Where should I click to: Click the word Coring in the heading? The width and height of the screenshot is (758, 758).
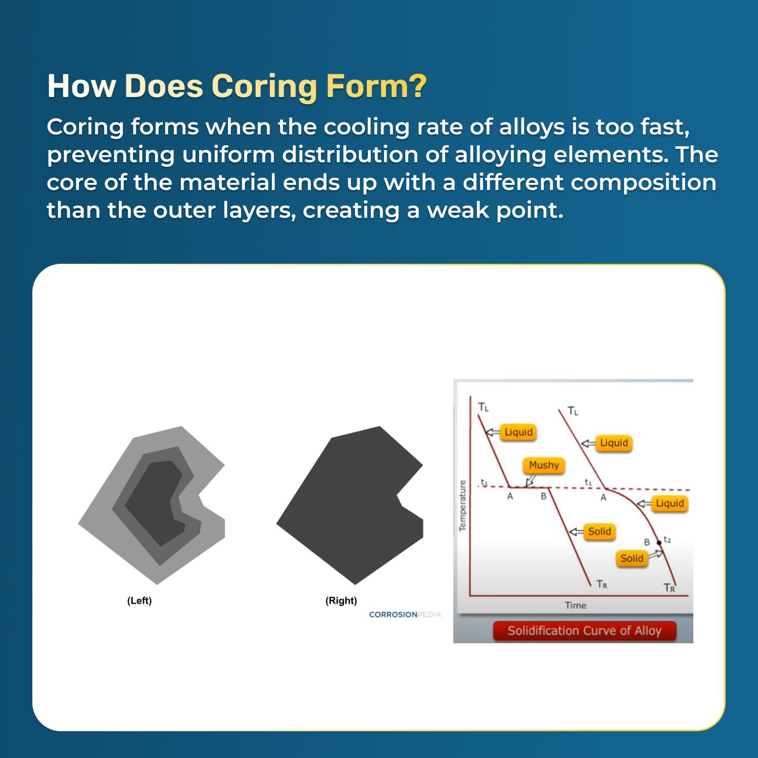265,86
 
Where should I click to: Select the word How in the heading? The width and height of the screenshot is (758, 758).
81,86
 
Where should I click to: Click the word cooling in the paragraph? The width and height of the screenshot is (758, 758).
366,127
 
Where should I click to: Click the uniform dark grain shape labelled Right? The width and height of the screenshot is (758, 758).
349,505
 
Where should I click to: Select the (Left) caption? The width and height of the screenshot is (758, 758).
139,600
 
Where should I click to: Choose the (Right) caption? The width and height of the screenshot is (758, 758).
341,600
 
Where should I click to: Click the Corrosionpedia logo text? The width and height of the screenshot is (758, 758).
405,614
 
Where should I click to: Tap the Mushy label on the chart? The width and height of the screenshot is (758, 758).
544,465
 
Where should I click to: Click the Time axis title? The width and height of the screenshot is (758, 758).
576,605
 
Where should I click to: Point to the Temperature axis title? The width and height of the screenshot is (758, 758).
462,505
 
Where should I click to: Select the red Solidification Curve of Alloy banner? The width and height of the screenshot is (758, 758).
584,631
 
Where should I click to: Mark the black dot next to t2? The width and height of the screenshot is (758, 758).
658,543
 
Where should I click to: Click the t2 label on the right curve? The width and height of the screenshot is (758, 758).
667,540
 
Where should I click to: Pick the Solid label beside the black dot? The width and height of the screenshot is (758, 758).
632,558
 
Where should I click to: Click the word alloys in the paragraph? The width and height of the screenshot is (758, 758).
532,127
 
